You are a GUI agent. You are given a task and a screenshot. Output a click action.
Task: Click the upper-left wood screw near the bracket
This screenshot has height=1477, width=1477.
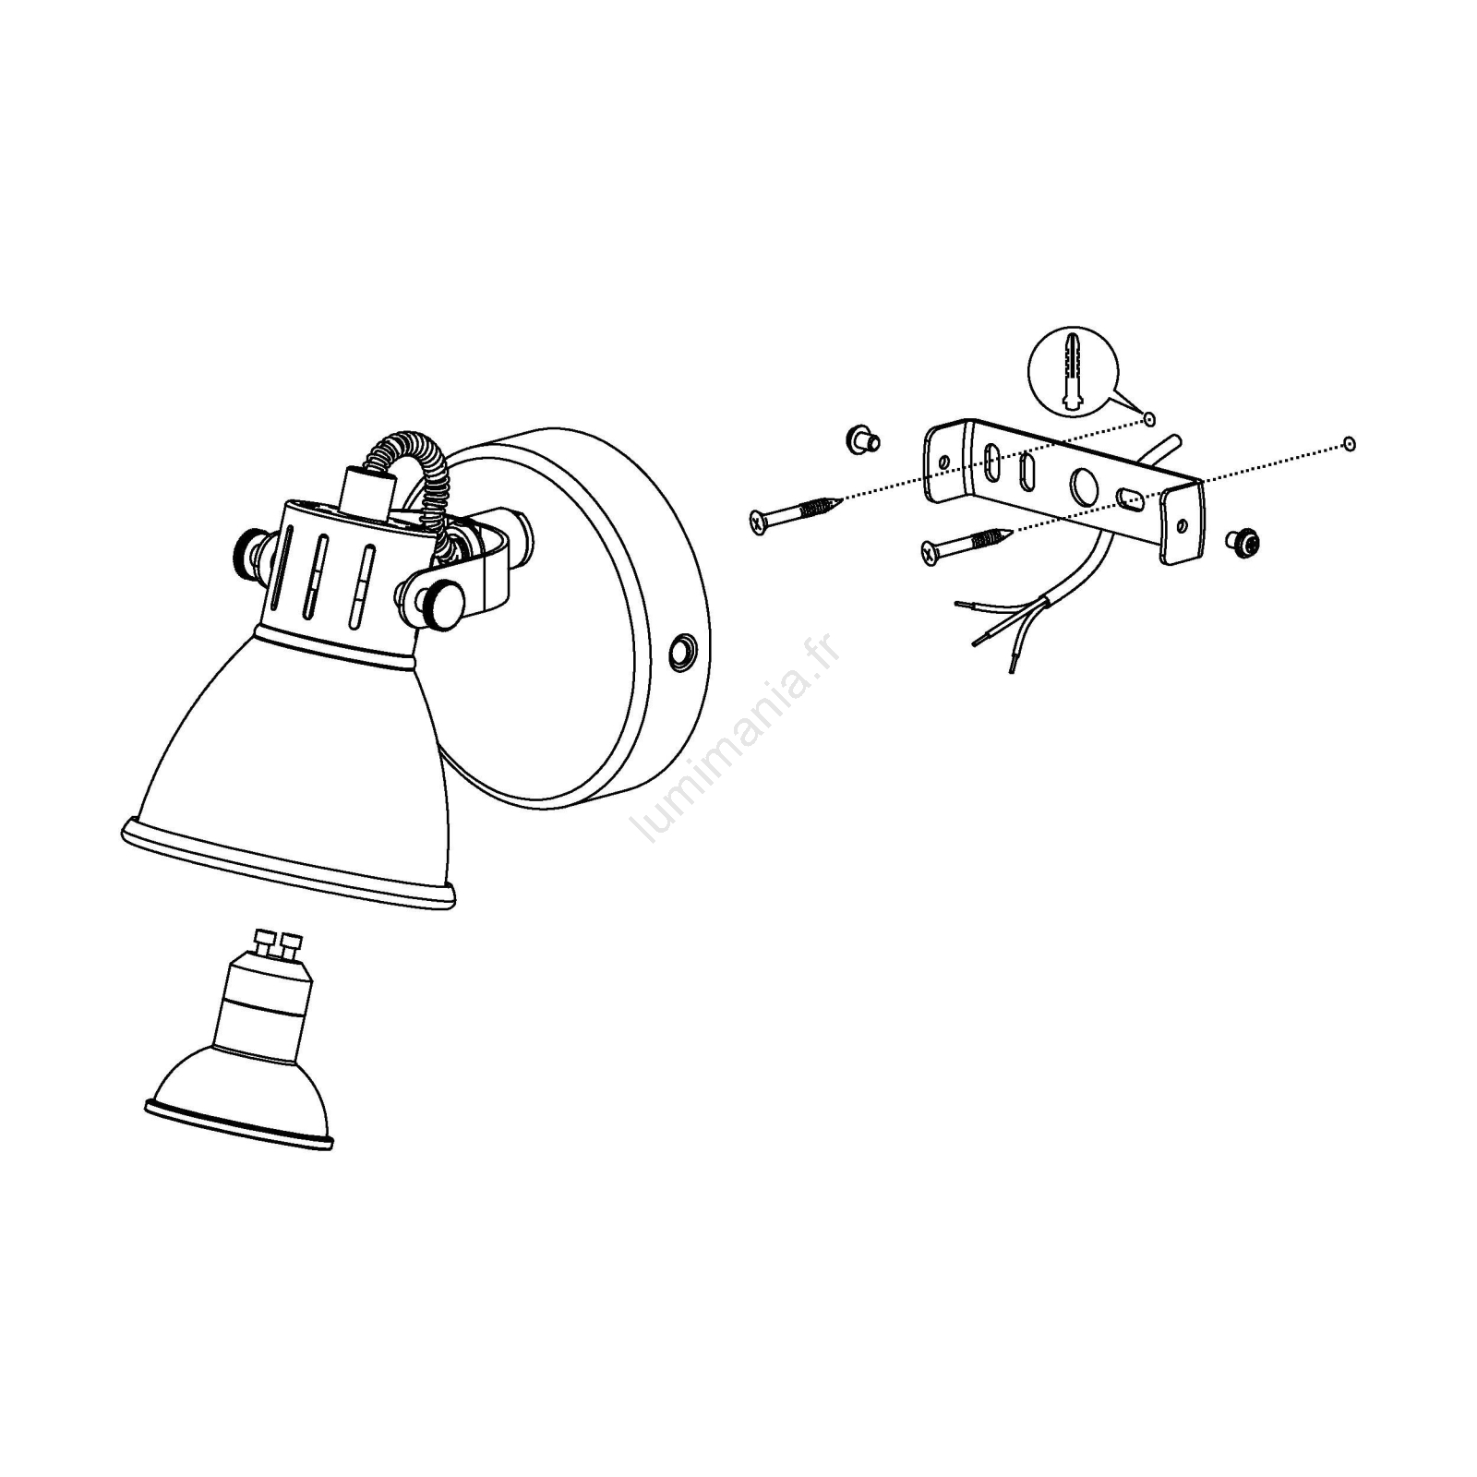pyautogui.click(x=796, y=513)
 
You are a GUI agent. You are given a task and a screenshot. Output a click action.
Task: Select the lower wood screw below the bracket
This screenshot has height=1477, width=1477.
pyautogui.click(x=965, y=544)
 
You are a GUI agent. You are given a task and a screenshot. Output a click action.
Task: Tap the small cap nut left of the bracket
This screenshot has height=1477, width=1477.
pyautogui.click(x=861, y=438)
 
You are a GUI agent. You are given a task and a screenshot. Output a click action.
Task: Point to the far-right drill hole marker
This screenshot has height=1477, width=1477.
pyautogui.click(x=1349, y=445)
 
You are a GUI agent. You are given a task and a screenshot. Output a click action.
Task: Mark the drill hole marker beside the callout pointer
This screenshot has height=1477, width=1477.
pyautogui.click(x=1148, y=419)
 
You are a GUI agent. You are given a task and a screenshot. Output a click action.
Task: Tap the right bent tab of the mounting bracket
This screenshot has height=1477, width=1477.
pyautogui.click(x=1183, y=522)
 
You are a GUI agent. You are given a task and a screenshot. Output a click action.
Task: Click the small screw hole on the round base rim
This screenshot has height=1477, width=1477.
pyautogui.click(x=683, y=652)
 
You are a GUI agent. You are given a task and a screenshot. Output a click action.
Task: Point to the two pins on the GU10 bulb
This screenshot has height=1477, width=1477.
pyautogui.click(x=278, y=944)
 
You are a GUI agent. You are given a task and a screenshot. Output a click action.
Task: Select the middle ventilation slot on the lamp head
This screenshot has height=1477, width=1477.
pyautogui.click(x=317, y=577)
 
